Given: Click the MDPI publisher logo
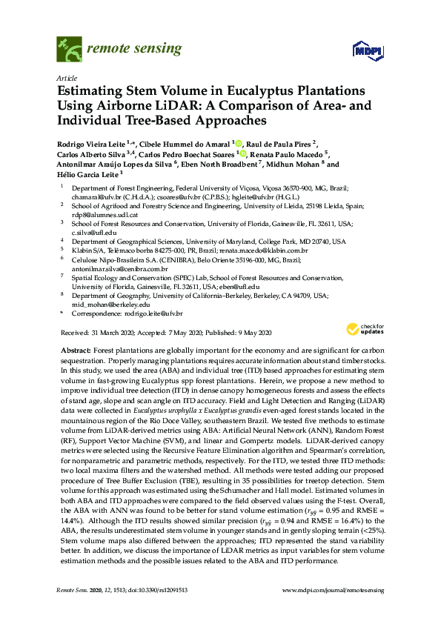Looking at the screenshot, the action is (x=367, y=51).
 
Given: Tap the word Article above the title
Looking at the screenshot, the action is (x=67, y=77).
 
